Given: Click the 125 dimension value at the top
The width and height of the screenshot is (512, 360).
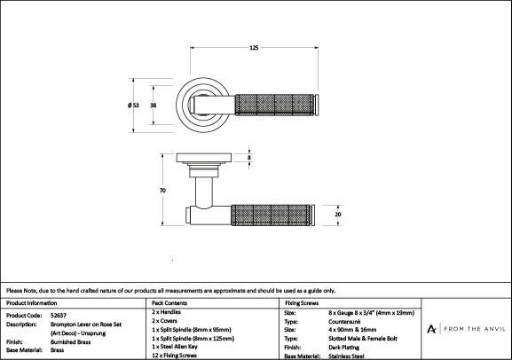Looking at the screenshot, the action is point(254,48).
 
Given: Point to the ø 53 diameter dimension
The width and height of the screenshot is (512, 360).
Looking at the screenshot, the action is point(133,106).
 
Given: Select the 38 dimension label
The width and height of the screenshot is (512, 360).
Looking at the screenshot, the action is point(153,106).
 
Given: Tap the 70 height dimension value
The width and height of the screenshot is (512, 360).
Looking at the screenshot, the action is point(162,191).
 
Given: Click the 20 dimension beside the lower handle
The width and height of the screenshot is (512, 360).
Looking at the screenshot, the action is point(338,215).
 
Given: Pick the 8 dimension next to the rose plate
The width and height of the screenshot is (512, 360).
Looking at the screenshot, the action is point(249,158).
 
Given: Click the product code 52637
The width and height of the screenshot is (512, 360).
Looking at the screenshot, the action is point(59,316).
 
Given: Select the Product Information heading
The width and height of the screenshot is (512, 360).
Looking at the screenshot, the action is point(31,303).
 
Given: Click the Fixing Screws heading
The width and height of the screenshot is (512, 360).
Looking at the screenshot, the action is point(302,303).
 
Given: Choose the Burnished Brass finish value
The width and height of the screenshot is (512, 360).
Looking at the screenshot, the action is point(70,342).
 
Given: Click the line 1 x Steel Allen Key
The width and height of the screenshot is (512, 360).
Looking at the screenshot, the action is point(175,347).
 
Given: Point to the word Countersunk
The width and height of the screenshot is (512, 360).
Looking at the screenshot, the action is point(344,322).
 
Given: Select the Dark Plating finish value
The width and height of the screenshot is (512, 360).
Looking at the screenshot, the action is point(343,348).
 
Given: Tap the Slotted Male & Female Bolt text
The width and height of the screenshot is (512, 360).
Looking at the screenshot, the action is point(363,339).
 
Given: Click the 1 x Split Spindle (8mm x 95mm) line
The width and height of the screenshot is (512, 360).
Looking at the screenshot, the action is point(192,330).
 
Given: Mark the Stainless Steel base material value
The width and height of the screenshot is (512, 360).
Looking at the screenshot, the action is point(346,356).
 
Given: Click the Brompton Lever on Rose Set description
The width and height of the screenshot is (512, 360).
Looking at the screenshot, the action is point(86,325).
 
